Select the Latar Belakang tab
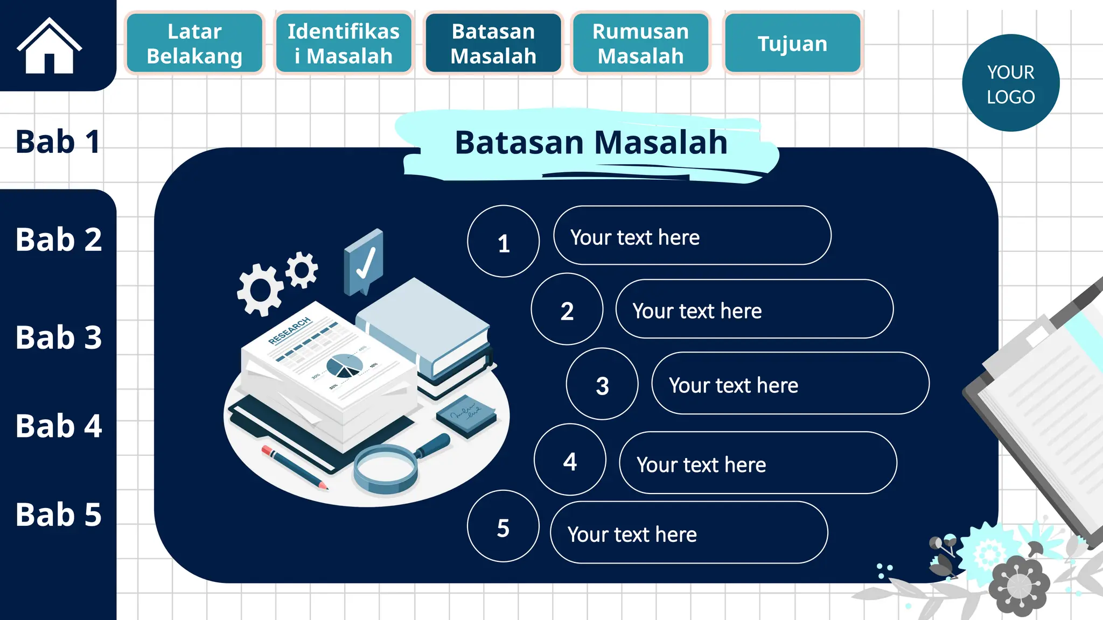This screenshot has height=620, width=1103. (194, 43)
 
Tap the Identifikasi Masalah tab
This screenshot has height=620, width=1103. (344, 43)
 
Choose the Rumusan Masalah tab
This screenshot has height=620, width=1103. (640, 43)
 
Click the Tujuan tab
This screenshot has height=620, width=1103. (792, 43)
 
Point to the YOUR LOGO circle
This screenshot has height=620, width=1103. (1010, 83)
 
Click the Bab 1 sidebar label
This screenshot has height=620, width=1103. (58, 142)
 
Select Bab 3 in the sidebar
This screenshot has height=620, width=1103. (58, 337)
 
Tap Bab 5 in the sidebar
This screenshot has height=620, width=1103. (58, 514)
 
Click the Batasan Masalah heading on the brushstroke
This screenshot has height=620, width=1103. (591, 143)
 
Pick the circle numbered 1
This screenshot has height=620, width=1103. (503, 242)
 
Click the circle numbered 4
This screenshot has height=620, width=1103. (570, 460)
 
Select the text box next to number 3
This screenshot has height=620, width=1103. (790, 383)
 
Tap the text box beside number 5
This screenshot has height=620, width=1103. (688, 533)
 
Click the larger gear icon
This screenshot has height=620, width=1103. (261, 290)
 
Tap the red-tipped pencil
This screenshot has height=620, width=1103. (294, 467)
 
